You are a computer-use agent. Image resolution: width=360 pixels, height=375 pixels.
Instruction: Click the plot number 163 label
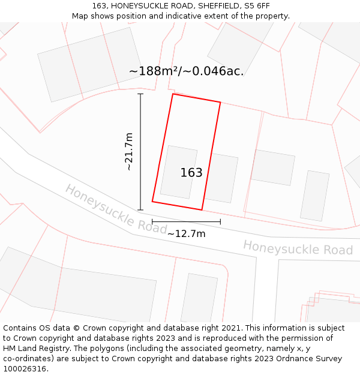(191, 173)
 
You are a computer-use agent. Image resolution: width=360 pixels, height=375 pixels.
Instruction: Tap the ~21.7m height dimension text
(129, 152)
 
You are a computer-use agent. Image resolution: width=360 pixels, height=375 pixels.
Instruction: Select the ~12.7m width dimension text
(186, 233)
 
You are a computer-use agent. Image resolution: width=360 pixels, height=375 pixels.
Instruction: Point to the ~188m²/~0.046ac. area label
(186, 71)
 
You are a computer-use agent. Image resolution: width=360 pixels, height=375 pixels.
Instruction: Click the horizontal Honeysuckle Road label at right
(298, 247)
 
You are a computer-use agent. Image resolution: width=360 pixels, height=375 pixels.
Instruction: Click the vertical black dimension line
(140, 152)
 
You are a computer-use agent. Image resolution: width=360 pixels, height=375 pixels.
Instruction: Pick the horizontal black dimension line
(186, 221)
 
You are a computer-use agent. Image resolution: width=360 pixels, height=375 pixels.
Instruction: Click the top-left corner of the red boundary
(173, 94)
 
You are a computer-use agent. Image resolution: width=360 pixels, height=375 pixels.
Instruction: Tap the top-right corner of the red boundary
(220, 103)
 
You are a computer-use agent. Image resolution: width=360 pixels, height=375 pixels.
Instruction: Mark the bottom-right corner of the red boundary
(202, 210)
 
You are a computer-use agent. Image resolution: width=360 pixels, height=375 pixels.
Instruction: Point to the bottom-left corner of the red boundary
(152, 201)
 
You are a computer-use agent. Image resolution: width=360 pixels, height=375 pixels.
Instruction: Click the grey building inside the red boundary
(178, 172)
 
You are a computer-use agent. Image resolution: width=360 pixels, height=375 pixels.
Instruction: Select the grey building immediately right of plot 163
(221, 178)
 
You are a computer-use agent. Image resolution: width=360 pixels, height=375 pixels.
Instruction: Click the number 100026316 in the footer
(25, 369)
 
